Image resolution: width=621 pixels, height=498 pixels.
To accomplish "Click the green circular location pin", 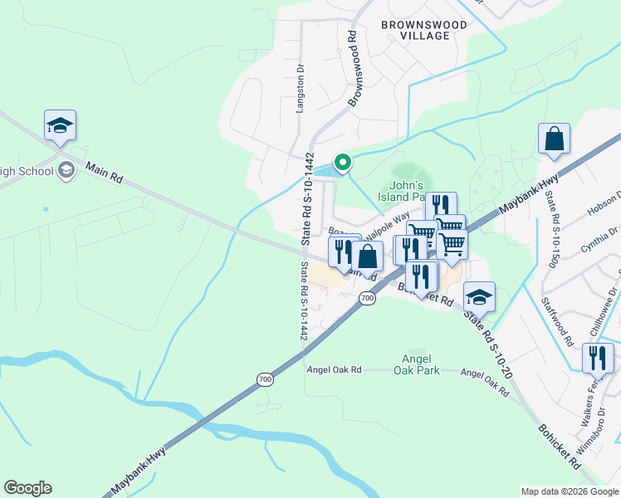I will pyautogui.click(x=341, y=163).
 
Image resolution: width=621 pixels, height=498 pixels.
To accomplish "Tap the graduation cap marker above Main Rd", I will pyautogui.click(x=60, y=126).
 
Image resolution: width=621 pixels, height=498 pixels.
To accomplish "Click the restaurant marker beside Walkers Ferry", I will pyautogui.click(x=597, y=358).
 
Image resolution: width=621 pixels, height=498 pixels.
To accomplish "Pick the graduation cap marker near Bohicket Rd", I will pyautogui.click(x=479, y=296).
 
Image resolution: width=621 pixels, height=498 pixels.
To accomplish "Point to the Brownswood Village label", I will pyautogui.click(x=424, y=31).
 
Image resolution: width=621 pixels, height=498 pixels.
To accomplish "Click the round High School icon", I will pyautogui.click(x=66, y=171).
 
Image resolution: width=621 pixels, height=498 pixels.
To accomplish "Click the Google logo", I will pyautogui.click(x=27, y=488).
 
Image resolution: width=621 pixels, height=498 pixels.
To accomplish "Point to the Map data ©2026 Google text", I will pyautogui.click(x=569, y=491).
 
